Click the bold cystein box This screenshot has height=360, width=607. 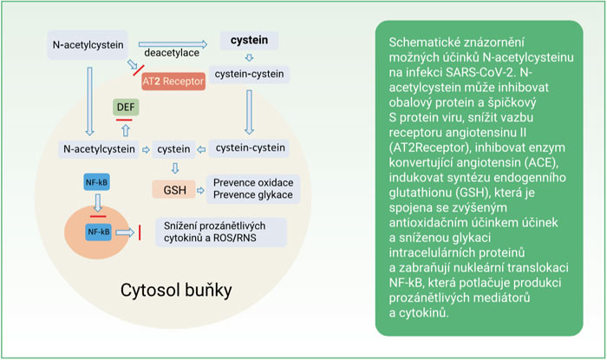pos(249,40)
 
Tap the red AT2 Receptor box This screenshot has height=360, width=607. pos(173,82)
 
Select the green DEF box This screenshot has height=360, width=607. pos(126,108)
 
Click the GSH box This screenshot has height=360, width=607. pos(173,190)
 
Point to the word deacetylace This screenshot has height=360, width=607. pos(172,53)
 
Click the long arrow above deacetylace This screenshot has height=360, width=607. pos(173,44)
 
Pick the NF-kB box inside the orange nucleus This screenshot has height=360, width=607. pos(99,232)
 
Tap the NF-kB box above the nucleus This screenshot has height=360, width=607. pos(97,182)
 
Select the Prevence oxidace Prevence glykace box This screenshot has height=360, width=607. pos(253,189)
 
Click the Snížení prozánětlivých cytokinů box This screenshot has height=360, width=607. pos(221,232)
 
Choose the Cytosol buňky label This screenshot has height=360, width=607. pos(176,291)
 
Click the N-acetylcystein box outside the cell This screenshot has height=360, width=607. pos(88,45)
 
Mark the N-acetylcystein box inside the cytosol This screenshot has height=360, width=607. pos(99,149)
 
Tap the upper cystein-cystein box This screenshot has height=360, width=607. pos(250,74)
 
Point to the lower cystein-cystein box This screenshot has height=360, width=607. pos(250,147)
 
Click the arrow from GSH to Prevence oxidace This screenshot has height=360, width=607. pos(200,190)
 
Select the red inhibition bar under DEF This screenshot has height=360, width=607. pos(124,120)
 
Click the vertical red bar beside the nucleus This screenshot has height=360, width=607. pos(140,232)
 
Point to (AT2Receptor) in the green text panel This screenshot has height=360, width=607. pos(429,147)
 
